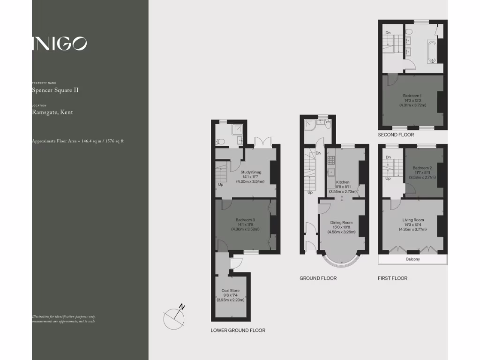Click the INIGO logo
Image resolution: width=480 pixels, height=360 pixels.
60,44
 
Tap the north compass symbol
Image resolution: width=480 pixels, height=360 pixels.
174,316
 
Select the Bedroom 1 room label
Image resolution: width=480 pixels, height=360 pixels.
412,96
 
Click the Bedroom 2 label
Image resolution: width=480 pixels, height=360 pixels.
422,168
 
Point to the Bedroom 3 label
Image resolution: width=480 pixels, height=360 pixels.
245,220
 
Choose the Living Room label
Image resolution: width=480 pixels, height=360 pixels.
412,219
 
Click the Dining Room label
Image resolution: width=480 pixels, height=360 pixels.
342,222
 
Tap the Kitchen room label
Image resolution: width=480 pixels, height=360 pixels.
342,182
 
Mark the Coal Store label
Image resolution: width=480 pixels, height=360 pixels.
231,291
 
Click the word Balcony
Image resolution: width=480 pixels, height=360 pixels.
412,259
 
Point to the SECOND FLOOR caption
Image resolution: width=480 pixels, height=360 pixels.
396,135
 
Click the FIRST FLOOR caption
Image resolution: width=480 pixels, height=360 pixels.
392,278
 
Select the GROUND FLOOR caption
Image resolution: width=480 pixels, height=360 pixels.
318,278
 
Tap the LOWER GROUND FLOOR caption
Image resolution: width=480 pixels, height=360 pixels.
238,330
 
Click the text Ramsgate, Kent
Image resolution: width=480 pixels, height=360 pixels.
52,112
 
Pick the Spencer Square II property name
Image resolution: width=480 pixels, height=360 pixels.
55,90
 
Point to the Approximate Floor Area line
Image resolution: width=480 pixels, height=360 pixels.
77,141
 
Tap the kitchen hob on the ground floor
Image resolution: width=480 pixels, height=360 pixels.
330,161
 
